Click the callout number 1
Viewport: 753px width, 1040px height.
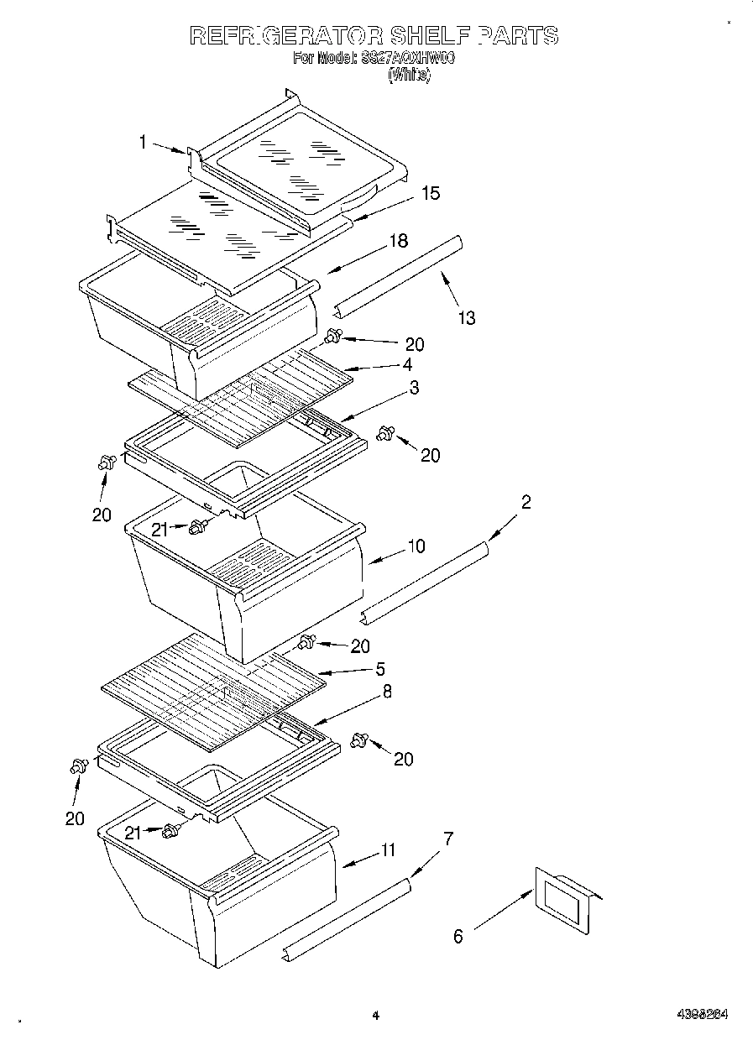tap(143, 143)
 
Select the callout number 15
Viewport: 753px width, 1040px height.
tap(430, 193)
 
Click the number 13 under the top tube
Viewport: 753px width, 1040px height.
tap(467, 317)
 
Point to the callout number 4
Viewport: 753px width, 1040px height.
tap(406, 364)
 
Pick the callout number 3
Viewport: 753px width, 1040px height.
tap(414, 388)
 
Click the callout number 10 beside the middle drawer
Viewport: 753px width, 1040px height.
tap(416, 546)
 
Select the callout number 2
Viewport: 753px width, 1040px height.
tap(526, 503)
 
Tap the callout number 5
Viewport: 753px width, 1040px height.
tap(380, 669)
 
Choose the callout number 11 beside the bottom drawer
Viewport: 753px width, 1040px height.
tap(387, 849)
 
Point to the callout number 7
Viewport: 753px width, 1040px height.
tap(448, 838)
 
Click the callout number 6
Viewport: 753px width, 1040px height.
tap(458, 937)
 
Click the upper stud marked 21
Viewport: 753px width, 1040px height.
tap(198, 527)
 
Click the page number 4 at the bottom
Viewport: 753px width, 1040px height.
tap(375, 1016)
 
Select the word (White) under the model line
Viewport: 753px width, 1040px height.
tap(410, 75)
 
